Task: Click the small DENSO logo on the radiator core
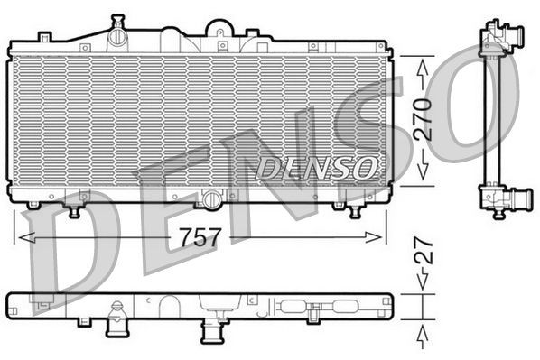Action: (316, 167)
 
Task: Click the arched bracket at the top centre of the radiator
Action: (219, 29)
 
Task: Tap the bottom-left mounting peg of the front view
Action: (75, 210)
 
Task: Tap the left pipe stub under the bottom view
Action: (117, 323)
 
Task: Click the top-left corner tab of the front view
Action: (43, 37)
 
